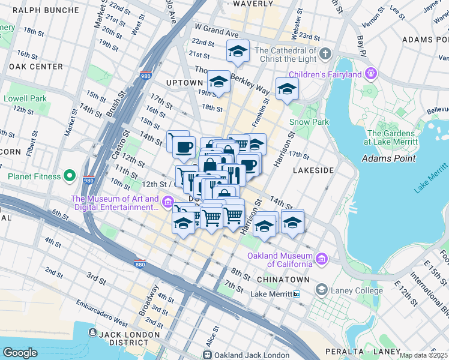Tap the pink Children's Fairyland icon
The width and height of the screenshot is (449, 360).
371,74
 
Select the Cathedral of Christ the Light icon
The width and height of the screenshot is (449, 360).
325,54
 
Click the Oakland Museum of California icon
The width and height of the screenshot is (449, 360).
322,259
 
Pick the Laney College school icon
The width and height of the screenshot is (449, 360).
322,290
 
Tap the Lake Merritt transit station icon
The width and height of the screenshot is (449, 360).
297,294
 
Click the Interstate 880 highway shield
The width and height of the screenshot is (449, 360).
139,263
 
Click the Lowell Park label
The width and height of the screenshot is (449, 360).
25,98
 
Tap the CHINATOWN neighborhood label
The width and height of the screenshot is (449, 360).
283,280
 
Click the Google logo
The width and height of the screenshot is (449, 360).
20,352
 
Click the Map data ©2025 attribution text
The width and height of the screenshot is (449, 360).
423,355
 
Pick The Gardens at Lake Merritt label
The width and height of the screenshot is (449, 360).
391,137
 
